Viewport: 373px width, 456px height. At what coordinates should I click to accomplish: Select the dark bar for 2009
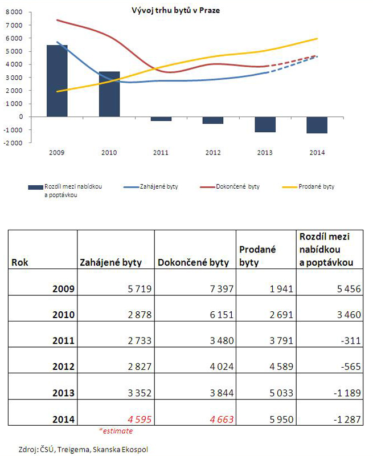pos(57,80)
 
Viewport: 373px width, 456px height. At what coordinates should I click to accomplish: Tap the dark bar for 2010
pos(109,93)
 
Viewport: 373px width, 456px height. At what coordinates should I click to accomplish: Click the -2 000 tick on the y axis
pos(13,142)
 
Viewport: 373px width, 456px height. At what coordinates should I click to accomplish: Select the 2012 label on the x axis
pos(213,153)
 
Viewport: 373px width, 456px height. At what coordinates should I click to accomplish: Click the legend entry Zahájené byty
pos(159,187)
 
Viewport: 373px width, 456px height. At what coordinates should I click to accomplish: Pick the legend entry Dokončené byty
pos(233,187)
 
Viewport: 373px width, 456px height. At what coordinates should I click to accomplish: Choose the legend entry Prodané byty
pos(316,187)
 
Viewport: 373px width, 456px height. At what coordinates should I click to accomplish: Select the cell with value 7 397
pos(219,289)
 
